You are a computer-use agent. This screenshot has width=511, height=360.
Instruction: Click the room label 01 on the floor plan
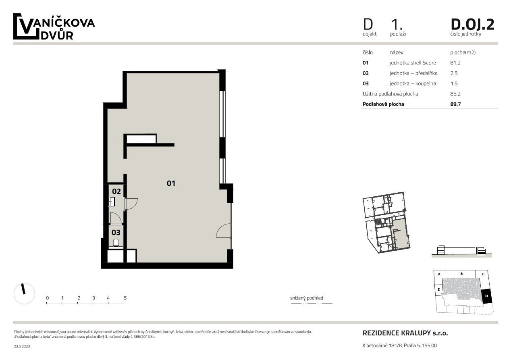[x=171, y=183]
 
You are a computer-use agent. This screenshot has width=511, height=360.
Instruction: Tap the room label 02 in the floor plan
[x=116, y=191]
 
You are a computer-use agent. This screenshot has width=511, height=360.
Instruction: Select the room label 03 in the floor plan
[x=116, y=233]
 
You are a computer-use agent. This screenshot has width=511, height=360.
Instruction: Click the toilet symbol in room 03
[x=116, y=243]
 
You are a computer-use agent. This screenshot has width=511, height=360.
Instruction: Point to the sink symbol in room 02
[x=111, y=202]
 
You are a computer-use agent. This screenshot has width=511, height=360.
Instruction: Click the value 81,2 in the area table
[x=455, y=63]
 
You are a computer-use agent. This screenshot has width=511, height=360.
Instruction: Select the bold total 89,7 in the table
[x=455, y=104]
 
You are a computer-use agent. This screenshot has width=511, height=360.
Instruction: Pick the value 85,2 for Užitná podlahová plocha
[x=455, y=94]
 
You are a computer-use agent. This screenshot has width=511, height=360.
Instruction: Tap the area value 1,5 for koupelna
[x=454, y=83]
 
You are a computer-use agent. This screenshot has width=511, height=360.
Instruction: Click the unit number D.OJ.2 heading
[x=472, y=24]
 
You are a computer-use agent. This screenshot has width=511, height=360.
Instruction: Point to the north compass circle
[x=24, y=293]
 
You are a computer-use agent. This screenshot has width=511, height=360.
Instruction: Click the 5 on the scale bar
[x=125, y=298]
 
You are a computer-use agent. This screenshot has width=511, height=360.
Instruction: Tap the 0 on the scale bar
[x=47, y=298]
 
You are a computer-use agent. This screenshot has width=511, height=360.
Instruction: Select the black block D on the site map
[x=486, y=296]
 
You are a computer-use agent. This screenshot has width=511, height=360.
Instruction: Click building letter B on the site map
[x=461, y=274]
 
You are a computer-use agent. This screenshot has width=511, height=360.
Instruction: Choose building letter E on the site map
[x=438, y=289]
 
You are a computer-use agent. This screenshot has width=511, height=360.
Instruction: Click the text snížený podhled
[x=307, y=298]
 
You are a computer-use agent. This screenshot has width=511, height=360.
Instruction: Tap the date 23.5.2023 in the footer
[x=22, y=346]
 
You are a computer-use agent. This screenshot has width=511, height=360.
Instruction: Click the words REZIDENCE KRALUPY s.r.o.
[x=405, y=333]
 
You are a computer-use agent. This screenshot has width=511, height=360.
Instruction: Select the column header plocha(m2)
[x=463, y=52]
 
